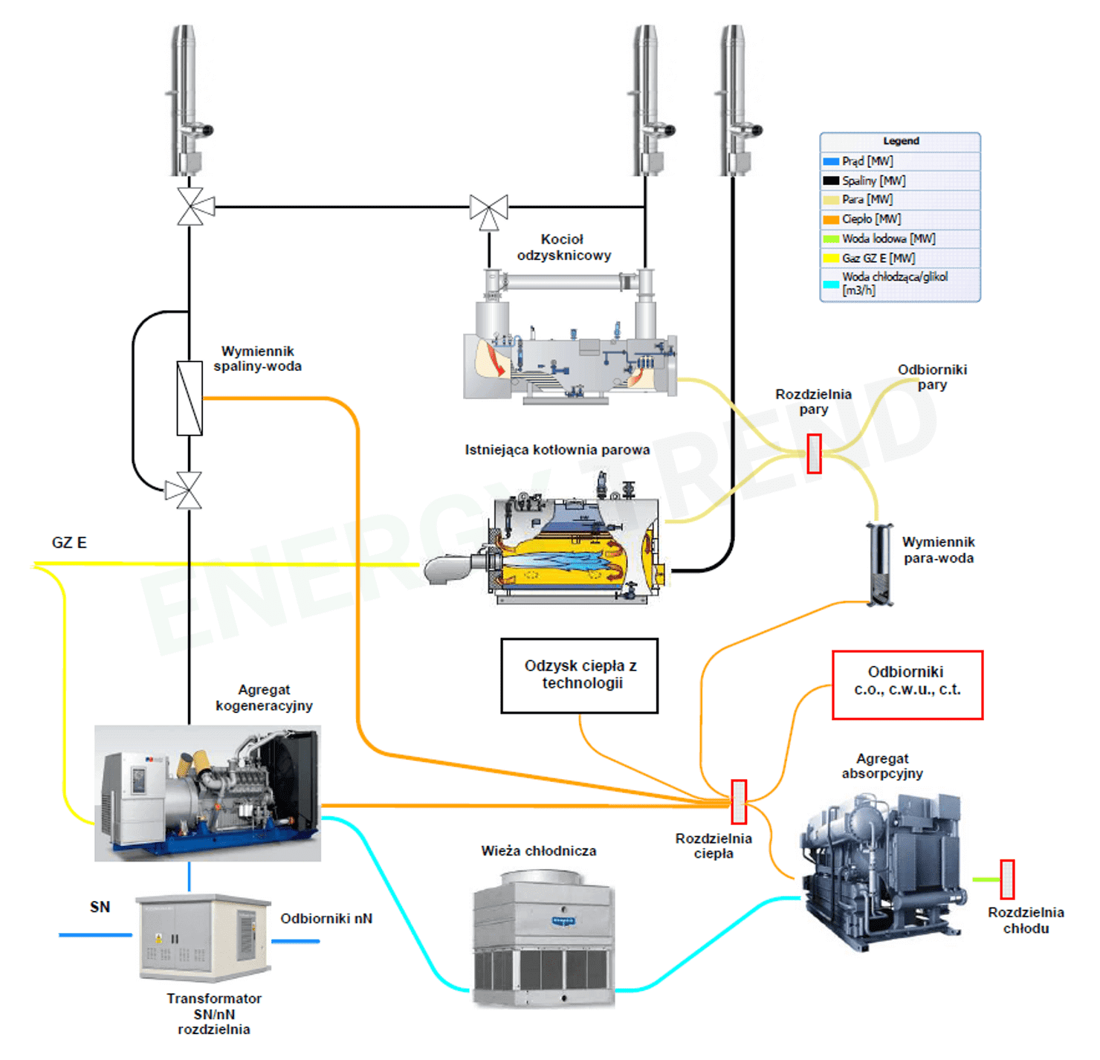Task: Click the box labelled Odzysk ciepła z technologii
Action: pyautogui.click(x=580, y=675)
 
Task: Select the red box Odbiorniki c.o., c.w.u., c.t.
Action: pyautogui.click(x=907, y=685)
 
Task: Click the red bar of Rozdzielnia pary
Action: pyautogui.click(x=814, y=453)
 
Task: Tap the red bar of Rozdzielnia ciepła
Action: pyautogui.click(x=739, y=801)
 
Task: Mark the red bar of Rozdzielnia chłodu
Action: pyautogui.click(x=1007, y=879)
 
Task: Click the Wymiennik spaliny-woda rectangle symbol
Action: pyautogui.click(x=190, y=398)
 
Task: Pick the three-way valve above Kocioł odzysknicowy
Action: pyautogui.click(x=488, y=210)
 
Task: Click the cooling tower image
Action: pyautogui.click(x=544, y=940)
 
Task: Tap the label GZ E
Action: pyautogui.click(x=69, y=543)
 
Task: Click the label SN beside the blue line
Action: pyautogui.click(x=100, y=907)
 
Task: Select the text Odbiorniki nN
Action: pyautogui.click(x=326, y=918)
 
